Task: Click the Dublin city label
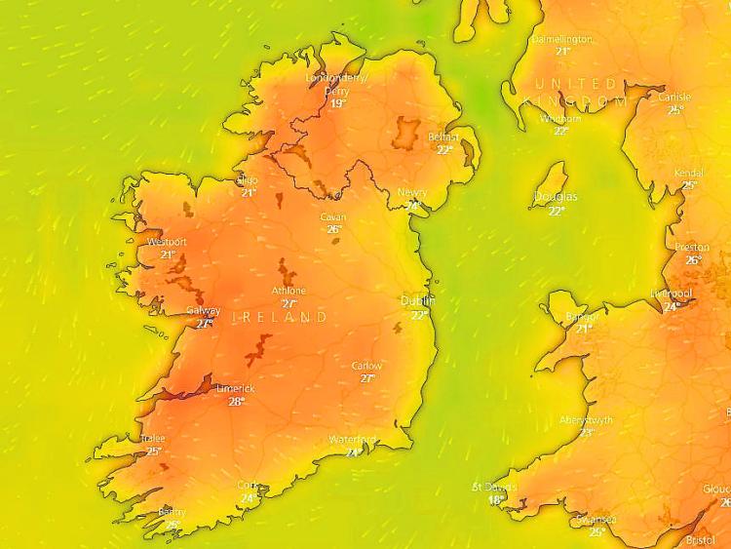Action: [x=417, y=301]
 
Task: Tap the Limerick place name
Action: [x=235, y=388]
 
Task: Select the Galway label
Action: [x=203, y=311]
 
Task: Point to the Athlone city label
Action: [x=289, y=291]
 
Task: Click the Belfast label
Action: [x=443, y=137]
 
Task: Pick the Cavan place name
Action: [x=333, y=217]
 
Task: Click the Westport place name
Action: [x=167, y=242]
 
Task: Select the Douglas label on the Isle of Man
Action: [x=556, y=197]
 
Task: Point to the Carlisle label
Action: [x=674, y=98]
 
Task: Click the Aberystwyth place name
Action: [x=587, y=420]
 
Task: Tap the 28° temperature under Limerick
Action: [x=236, y=401]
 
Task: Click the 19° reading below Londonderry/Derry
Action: [x=337, y=103]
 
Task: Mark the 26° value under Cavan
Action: [x=333, y=230]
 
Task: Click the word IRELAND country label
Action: [x=280, y=318]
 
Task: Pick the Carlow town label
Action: [x=366, y=366]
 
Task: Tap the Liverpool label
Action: [x=672, y=294]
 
